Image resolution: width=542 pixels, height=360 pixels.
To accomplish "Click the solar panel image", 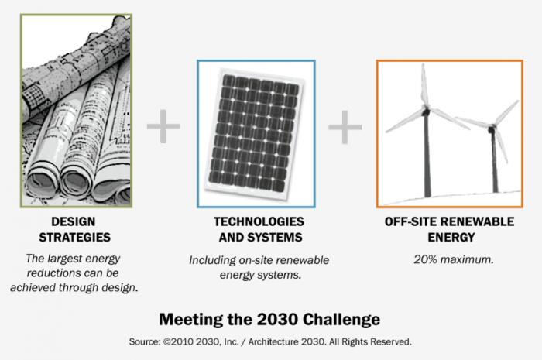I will [256, 129].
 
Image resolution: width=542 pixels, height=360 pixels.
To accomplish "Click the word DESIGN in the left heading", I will [57, 221].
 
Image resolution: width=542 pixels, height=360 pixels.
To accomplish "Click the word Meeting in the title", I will [188, 318].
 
